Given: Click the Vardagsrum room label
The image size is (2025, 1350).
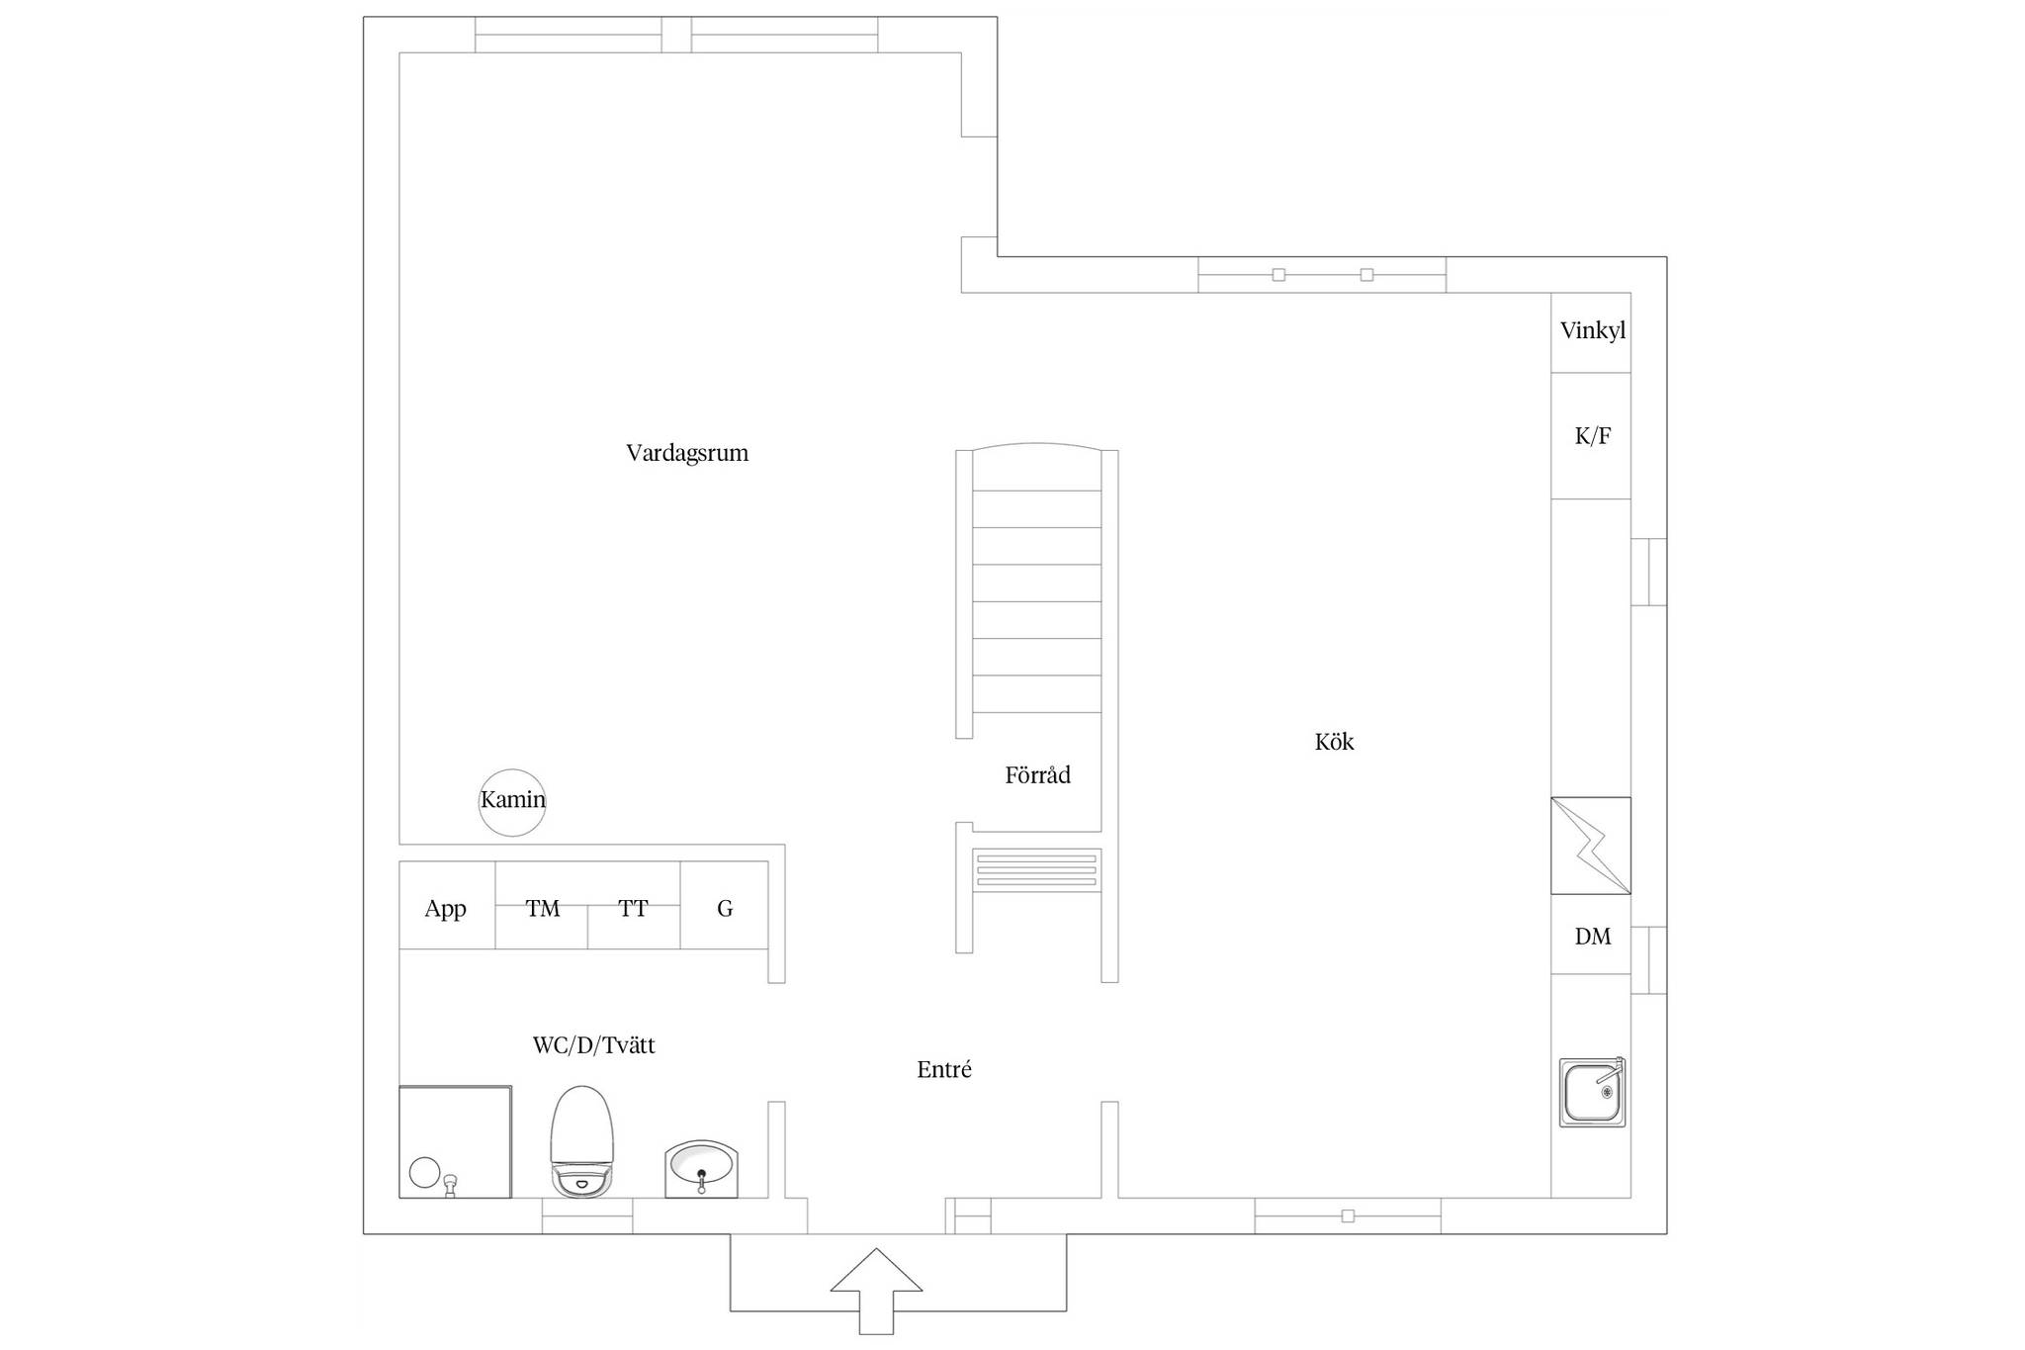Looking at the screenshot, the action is [x=687, y=453].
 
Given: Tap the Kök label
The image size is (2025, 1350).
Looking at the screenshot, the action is [x=1334, y=742].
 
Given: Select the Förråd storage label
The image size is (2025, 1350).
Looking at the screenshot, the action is [x=1037, y=774].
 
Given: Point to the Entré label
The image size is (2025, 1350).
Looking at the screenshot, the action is [x=944, y=1069].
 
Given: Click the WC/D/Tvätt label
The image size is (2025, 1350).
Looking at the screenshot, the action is [x=593, y=1045].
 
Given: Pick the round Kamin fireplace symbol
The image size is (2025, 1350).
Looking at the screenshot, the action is [x=512, y=802].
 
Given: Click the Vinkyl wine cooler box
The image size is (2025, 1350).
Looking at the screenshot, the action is [x=1591, y=332].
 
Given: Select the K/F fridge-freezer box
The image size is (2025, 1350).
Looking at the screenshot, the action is [x=1591, y=436].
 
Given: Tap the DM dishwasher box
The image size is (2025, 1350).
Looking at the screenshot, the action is [x=1591, y=935].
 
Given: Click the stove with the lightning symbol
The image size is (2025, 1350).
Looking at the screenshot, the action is [x=1591, y=846].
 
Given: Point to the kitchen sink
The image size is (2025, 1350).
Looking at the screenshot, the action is [x=1592, y=1092].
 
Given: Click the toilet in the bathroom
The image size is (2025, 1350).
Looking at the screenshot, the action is [x=582, y=1142].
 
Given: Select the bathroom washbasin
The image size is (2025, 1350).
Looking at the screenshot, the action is [x=701, y=1168].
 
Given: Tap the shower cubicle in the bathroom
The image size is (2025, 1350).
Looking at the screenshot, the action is [x=455, y=1142].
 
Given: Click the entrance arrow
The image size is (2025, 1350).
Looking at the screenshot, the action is [x=876, y=1291].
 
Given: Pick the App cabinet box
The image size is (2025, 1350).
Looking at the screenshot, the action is [x=447, y=906].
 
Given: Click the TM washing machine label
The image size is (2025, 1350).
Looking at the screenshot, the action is [x=543, y=908].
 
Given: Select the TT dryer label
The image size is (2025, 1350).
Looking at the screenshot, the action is [x=633, y=908].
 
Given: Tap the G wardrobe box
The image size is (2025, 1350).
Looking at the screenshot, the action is [x=724, y=906].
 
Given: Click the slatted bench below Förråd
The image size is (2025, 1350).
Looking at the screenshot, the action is [x=1037, y=870].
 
